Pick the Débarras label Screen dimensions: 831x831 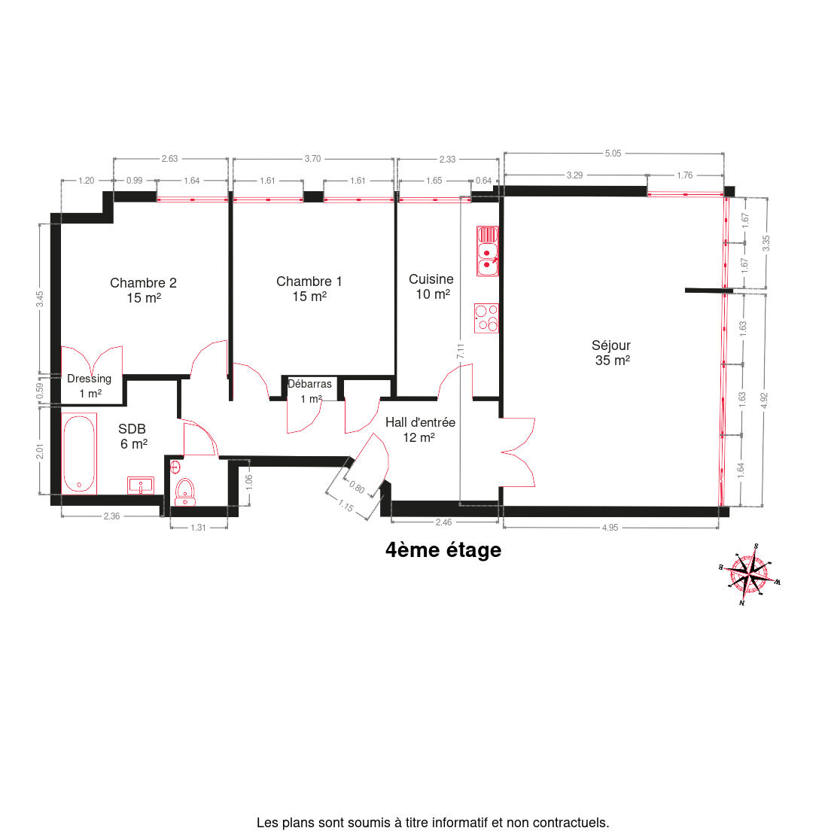pyautogui.click(x=309, y=384)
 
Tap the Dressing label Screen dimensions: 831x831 pyautogui.click(x=89, y=379)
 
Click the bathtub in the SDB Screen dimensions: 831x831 pyautogui.click(x=80, y=454)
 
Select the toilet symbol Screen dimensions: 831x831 pyautogui.click(x=185, y=492)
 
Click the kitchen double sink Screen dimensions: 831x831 pyautogui.click(x=487, y=251)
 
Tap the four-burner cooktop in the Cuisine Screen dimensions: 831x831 pyautogui.click(x=486, y=318)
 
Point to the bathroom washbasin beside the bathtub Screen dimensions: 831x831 pyautogui.click(x=141, y=485)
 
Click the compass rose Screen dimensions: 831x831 pyautogui.click(x=748, y=574)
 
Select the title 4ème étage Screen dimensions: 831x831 pyautogui.click(x=443, y=550)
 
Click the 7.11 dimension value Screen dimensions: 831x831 pyautogui.click(x=461, y=351)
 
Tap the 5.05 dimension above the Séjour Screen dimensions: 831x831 pyautogui.click(x=613, y=154)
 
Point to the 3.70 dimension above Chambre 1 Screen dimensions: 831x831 pyautogui.click(x=312, y=159)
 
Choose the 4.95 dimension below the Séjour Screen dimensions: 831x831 pyautogui.click(x=610, y=528)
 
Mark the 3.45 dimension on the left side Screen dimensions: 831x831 pyautogui.click(x=40, y=299)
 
